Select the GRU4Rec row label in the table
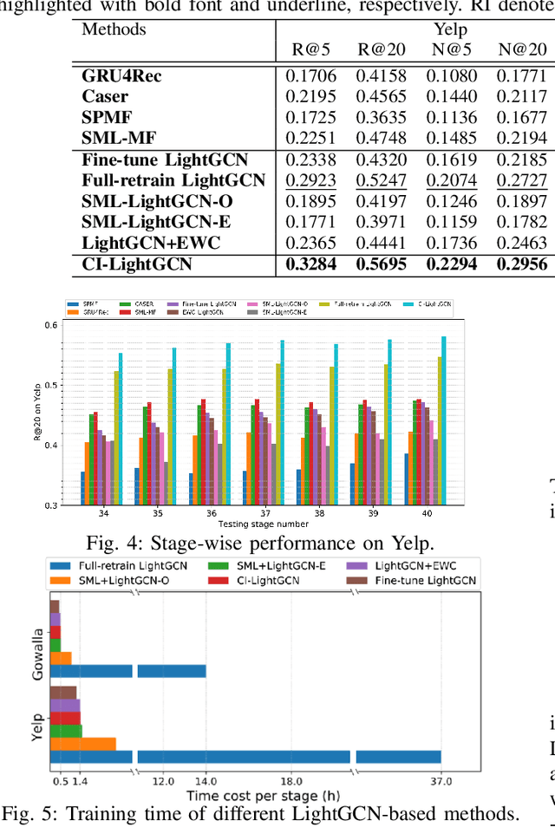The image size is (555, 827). pyautogui.click(x=121, y=75)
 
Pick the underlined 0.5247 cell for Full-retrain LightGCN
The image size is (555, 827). pyautogui.click(x=380, y=180)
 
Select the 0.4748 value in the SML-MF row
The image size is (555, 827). pyautogui.click(x=380, y=139)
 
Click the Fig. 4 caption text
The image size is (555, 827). pyautogui.click(x=259, y=544)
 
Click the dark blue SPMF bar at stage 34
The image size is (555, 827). pyautogui.click(x=82, y=488)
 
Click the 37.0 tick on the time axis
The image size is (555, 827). pyautogui.click(x=441, y=783)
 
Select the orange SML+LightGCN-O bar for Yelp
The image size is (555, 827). pyautogui.click(x=82, y=743)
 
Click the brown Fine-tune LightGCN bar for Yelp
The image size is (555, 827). pyautogui.click(x=63, y=692)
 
